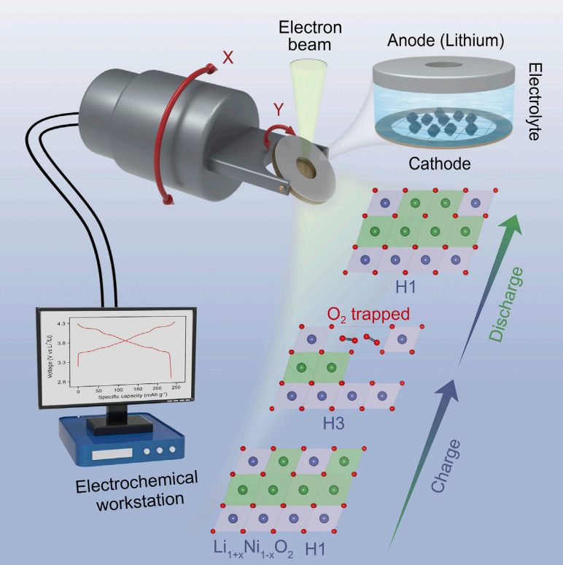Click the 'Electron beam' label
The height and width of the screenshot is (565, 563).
[x=310, y=36]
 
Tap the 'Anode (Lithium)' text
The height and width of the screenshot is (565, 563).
[x=446, y=40]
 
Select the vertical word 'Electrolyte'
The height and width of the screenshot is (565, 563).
[x=535, y=101]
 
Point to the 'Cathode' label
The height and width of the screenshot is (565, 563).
[x=440, y=164]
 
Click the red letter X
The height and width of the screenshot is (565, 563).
[x=228, y=58]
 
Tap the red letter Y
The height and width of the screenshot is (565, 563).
[x=279, y=109]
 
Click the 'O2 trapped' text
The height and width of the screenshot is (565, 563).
[x=368, y=314]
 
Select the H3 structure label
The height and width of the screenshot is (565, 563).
[x=333, y=423]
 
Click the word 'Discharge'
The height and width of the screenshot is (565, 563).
[x=506, y=304]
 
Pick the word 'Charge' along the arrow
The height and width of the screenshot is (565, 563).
[x=446, y=466]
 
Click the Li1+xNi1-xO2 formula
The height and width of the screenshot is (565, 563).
[x=253, y=549]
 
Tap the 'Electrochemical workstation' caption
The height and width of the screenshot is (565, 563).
[x=137, y=491]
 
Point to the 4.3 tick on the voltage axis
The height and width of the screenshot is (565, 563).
[x=61, y=323]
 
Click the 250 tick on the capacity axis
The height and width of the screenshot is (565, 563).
[x=176, y=388]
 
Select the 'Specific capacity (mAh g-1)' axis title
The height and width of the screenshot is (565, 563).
[x=133, y=395]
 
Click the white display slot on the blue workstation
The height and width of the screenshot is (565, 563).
[x=112, y=454]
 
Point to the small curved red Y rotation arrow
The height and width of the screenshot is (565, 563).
[x=278, y=134]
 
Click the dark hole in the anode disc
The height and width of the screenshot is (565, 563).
[x=444, y=65]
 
